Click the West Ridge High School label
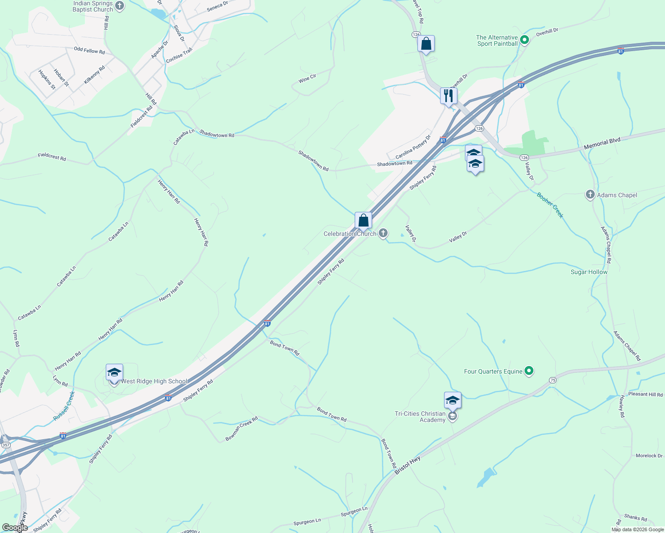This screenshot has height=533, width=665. [154, 381]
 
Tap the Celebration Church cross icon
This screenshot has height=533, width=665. [383, 233]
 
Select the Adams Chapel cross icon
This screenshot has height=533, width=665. [590, 195]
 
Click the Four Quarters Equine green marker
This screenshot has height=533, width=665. [529, 371]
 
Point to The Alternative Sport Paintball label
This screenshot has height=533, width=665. [497, 40]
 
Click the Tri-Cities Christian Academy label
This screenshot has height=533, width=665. [420, 417]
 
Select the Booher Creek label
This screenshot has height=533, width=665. [550, 205]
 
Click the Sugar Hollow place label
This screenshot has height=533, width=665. [589, 272]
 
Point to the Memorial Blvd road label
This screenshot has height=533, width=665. [602, 143]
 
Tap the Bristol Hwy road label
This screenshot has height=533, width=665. [408, 465]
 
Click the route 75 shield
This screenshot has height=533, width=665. [553, 380]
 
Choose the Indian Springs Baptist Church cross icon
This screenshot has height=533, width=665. [119, 6]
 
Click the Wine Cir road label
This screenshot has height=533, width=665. [307, 79]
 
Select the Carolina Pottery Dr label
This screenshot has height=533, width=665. [413, 147]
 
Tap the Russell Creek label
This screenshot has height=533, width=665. [64, 406]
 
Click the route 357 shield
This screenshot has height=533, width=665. [6, 445]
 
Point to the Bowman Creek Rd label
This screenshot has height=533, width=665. [241, 429]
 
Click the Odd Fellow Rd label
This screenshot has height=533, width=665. [89, 51]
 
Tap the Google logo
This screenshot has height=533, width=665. [15, 528]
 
